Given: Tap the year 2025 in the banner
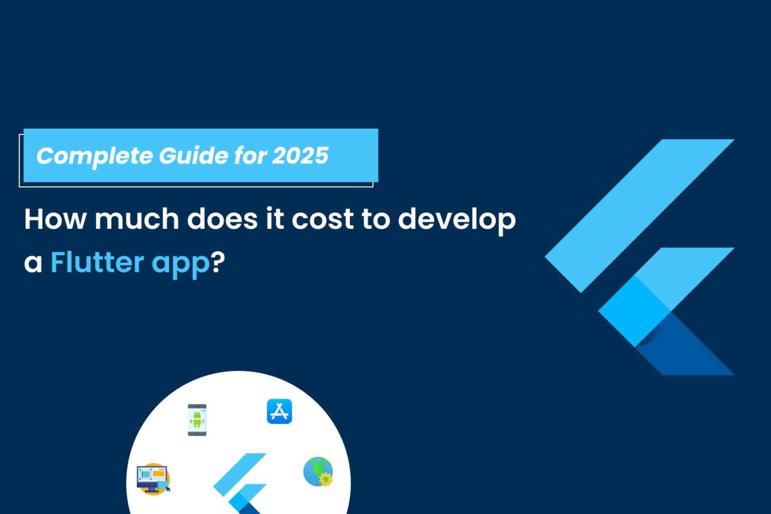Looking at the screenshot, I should (301, 156).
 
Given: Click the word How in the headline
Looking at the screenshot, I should (55, 219).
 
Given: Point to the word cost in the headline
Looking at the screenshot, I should (323, 219).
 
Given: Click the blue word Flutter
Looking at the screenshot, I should (97, 263).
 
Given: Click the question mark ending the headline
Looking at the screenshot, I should (218, 262).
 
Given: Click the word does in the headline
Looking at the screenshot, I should (222, 219).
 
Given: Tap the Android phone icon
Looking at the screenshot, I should (197, 420).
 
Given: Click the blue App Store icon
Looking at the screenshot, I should (279, 412).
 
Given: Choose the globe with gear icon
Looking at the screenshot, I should (318, 472).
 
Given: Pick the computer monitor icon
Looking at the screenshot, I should (153, 478).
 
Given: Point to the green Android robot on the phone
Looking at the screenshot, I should (197, 419).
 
